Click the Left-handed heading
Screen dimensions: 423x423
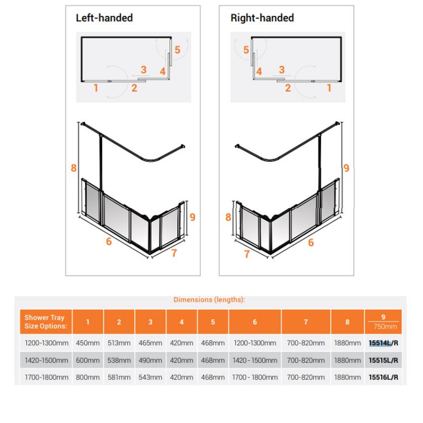104,18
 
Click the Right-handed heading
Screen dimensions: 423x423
262,18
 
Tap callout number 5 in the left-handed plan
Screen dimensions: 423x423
177,50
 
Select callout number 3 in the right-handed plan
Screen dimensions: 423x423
282,70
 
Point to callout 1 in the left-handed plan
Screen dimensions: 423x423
96,88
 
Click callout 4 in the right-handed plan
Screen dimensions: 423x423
259,71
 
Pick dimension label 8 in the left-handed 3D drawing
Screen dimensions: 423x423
73,168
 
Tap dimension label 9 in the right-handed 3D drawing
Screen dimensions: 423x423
346,168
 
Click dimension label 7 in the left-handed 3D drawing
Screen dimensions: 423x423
174,253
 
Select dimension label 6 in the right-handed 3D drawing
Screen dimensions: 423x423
311,243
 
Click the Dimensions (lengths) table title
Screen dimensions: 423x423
209,300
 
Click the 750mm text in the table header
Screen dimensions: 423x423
385,327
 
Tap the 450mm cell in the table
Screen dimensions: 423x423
88,343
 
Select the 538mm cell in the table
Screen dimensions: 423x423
119,360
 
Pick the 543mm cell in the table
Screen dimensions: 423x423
150,377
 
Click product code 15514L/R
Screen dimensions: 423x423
383,343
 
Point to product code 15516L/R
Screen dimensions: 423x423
383,377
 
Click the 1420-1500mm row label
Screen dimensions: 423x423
47,360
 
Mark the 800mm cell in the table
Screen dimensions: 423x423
88,377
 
